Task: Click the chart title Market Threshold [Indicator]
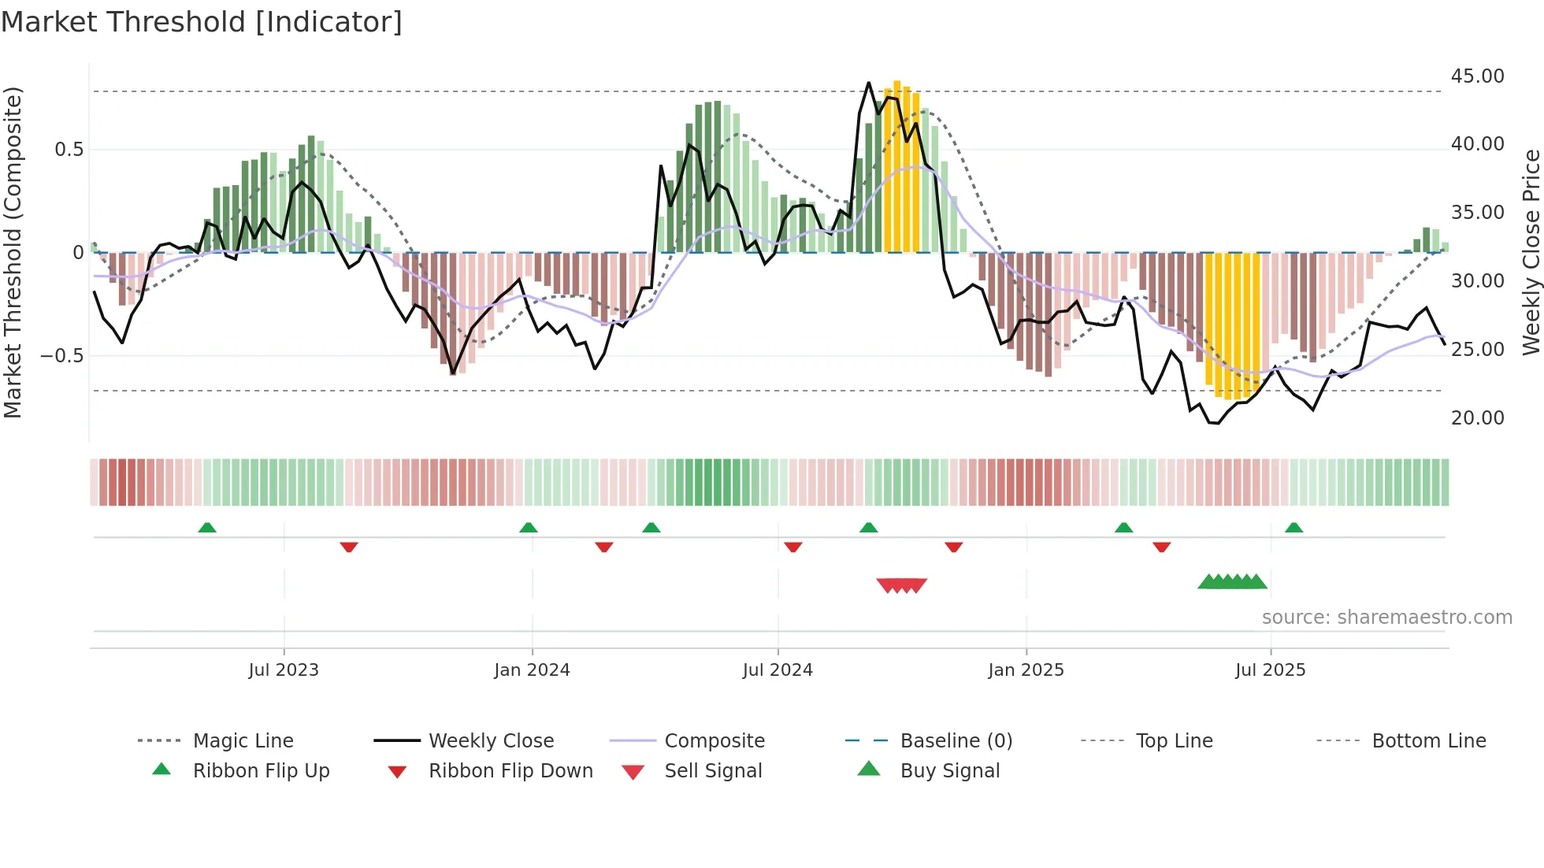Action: (x=202, y=22)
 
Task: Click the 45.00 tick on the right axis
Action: (x=1477, y=76)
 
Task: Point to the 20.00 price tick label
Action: (x=1477, y=418)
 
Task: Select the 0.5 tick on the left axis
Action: (x=69, y=150)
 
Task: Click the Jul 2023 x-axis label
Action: (x=284, y=670)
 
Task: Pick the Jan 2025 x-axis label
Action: (x=1026, y=670)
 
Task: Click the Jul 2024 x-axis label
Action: (x=778, y=670)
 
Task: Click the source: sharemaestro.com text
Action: (x=1386, y=618)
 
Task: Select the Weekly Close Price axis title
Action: (x=1531, y=252)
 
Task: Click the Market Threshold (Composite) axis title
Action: (x=13, y=252)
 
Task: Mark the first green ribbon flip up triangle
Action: (x=207, y=528)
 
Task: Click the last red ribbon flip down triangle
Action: (x=1161, y=547)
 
